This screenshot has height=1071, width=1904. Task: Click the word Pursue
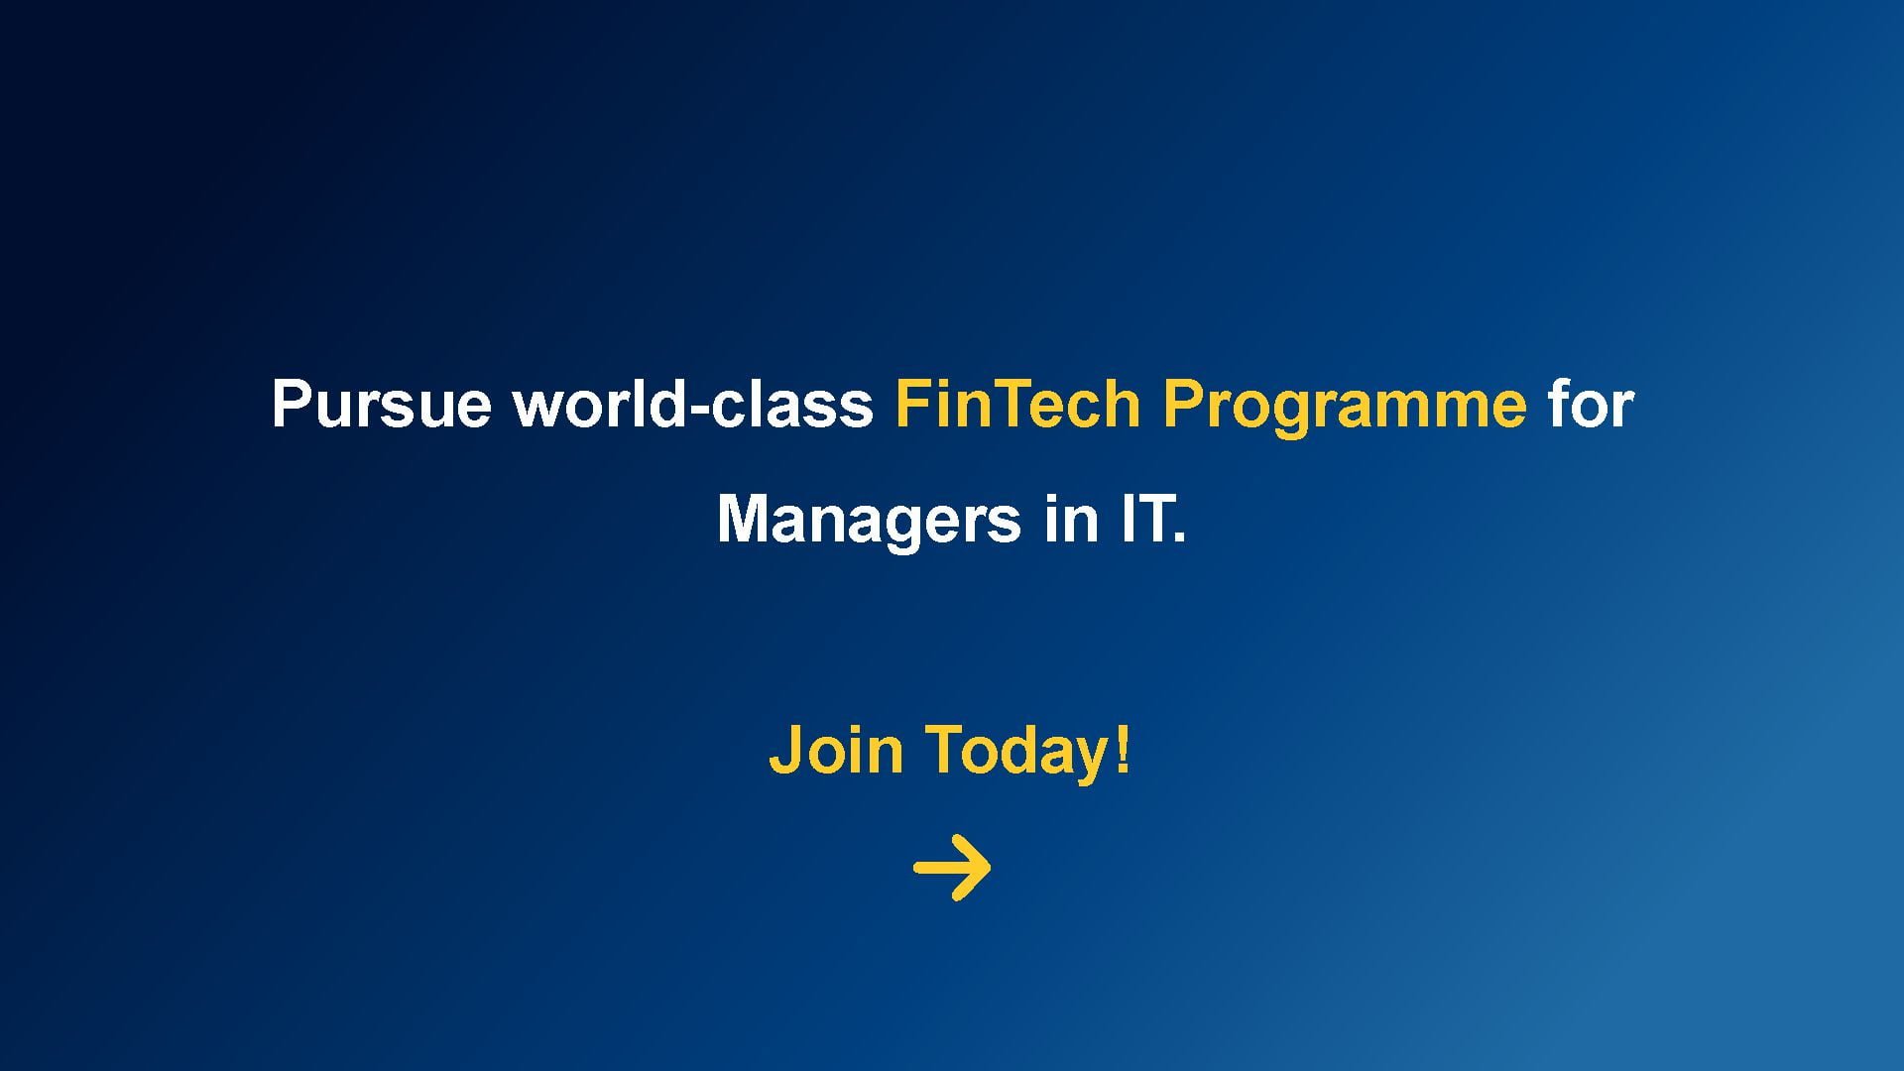[x=381, y=404]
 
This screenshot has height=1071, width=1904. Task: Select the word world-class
[x=693, y=403]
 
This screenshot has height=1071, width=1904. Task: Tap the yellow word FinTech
[x=1017, y=403]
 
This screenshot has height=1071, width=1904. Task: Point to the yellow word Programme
[x=1345, y=407]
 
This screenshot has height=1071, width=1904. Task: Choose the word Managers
[x=868, y=521]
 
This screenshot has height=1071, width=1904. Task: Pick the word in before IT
[x=1071, y=518]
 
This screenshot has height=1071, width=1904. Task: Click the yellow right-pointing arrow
[x=952, y=868]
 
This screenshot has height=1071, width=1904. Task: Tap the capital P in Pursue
[x=294, y=404]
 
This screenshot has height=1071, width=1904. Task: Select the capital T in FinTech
[x=1011, y=404]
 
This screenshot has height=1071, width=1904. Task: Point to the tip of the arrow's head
[x=991, y=868]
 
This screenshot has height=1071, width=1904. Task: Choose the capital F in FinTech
[x=914, y=404]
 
